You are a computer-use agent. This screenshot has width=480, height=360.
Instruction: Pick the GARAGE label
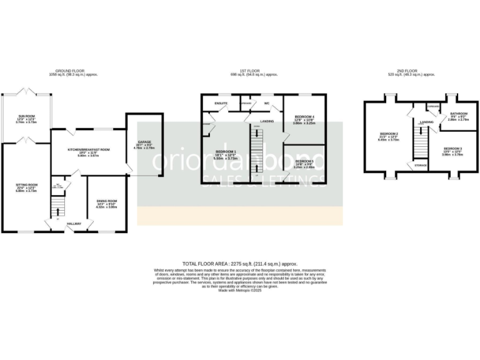[x=144, y=142]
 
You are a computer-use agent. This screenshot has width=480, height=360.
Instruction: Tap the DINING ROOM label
[x=106, y=201]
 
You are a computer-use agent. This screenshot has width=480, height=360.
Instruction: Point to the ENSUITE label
[x=221, y=102]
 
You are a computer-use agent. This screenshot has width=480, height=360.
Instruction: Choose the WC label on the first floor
[x=266, y=102]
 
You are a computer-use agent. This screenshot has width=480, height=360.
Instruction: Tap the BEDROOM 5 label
[x=304, y=161]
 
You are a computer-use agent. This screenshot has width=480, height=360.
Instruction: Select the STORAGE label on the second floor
[x=418, y=166]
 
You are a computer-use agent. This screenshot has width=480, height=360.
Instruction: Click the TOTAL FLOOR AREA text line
[x=240, y=264]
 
